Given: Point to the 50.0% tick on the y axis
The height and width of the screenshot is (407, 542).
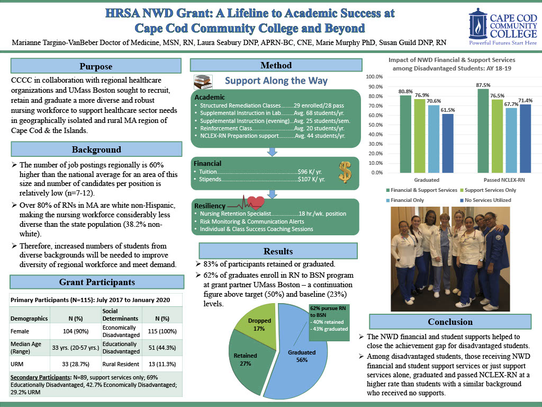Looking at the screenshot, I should pyautogui.click(x=376, y=125).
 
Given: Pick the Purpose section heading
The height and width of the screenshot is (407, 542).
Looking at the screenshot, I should pyautogui.click(x=96, y=66).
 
